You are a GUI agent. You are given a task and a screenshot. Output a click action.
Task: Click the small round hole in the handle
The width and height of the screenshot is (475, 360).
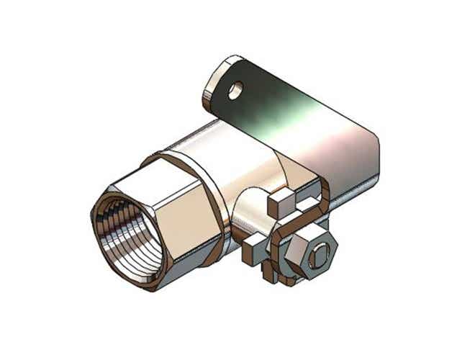pyautogui.click(x=235, y=89)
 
